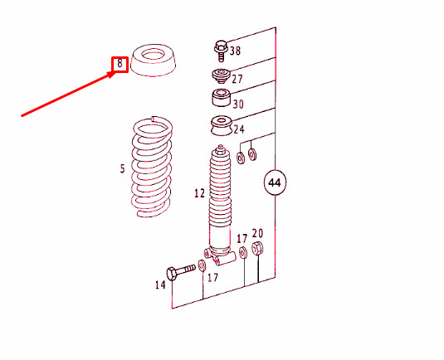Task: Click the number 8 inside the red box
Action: (x=120, y=63)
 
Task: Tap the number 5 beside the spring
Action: (x=122, y=169)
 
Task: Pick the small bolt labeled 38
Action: (x=221, y=50)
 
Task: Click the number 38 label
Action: (x=235, y=51)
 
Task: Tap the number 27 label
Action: (x=237, y=80)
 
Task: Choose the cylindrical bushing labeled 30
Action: (x=222, y=102)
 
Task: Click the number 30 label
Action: (x=238, y=105)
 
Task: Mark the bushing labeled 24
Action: (x=221, y=129)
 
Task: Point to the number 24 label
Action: (x=238, y=129)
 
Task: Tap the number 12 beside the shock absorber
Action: (x=199, y=193)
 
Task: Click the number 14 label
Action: (x=160, y=285)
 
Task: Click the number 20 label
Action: (x=257, y=234)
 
